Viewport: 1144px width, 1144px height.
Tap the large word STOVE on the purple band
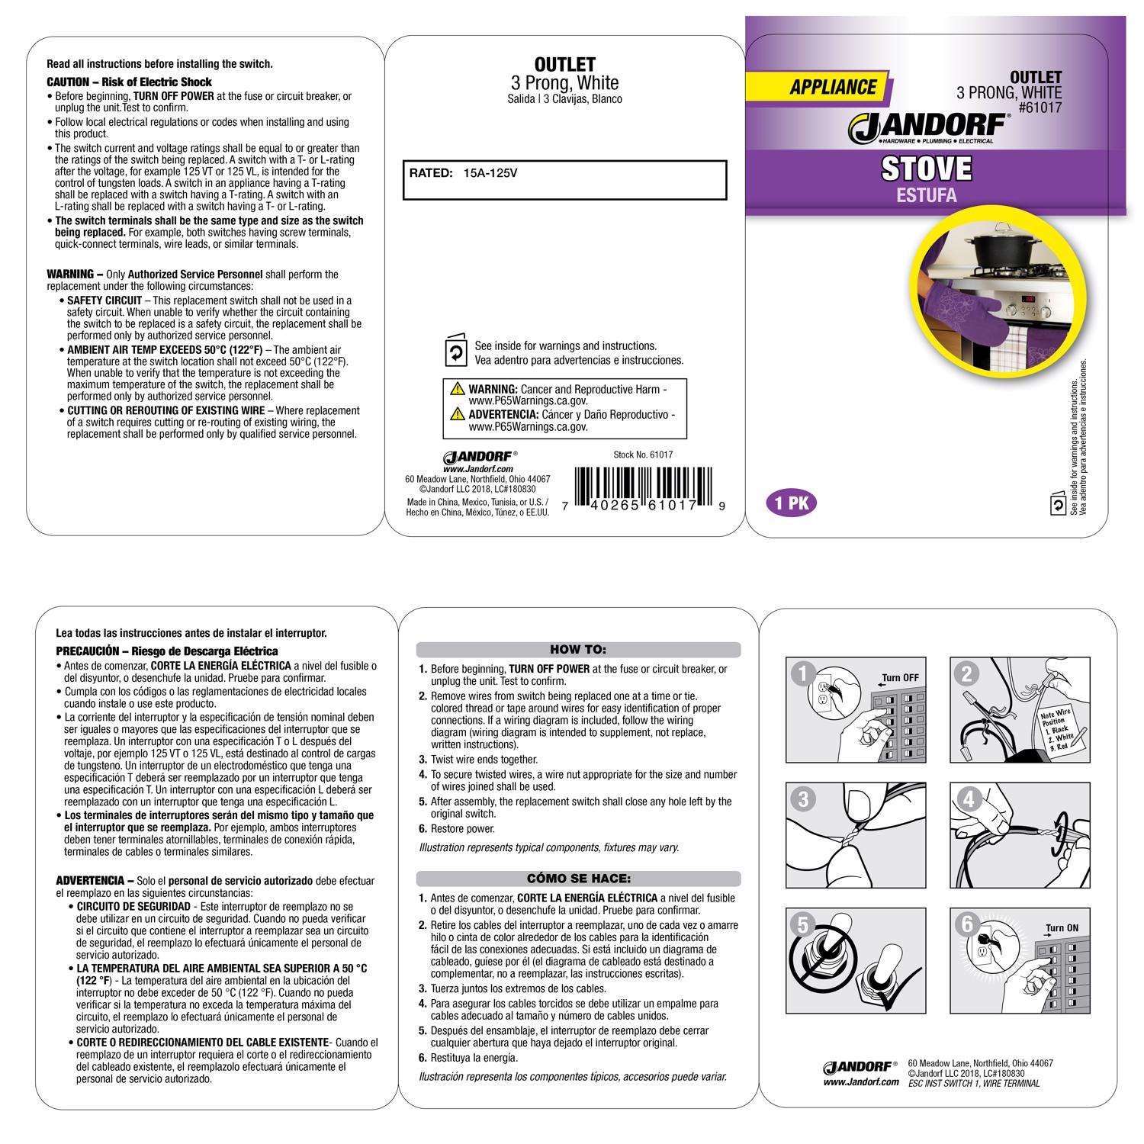[926, 168]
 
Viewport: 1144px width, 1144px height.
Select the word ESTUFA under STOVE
[926, 195]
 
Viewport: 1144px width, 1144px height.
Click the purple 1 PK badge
[790, 503]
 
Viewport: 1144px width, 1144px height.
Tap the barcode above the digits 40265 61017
[644, 488]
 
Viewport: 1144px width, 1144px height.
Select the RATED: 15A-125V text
[464, 173]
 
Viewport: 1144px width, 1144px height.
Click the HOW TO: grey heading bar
[578, 650]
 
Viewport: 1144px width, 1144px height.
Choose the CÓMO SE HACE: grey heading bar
[578, 879]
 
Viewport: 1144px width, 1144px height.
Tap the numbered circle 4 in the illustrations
[969, 800]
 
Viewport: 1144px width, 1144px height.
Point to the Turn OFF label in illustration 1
[900, 677]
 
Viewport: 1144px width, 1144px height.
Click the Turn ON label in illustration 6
[1062, 928]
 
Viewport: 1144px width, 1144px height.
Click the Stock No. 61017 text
[643, 455]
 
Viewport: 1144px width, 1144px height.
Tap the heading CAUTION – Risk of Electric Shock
[130, 82]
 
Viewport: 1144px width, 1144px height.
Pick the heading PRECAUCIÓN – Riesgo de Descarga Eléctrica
[167, 651]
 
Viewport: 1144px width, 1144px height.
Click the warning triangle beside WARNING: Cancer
[458, 389]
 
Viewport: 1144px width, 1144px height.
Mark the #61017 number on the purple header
[1040, 108]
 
